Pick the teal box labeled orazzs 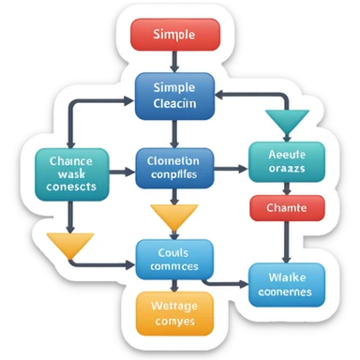(x=286, y=161)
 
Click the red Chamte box (x=286, y=207)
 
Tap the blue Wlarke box (x=286, y=283)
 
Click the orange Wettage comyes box (x=172, y=312)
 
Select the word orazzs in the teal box (x=288, y=170)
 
